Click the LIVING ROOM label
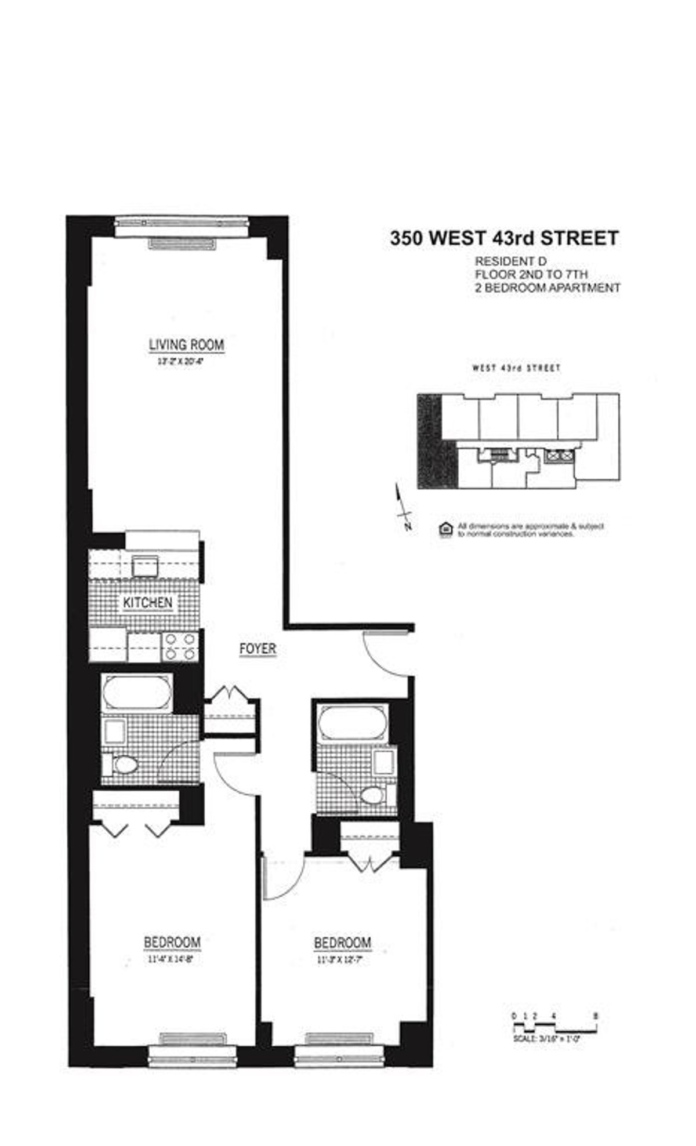pyautogui.click(x=186, y=344)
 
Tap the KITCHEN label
pyautogui.click(x=147, y=602)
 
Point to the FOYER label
pyautogui.click(x=258, y=649)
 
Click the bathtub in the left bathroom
pyautogui.click(x=137, y=693)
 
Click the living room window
pyautogui.click(x=182, y=227)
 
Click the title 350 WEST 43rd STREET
pyautogui.click(x=504, y=238)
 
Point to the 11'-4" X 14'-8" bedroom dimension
pyautogui.click(x=172, y=958)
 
